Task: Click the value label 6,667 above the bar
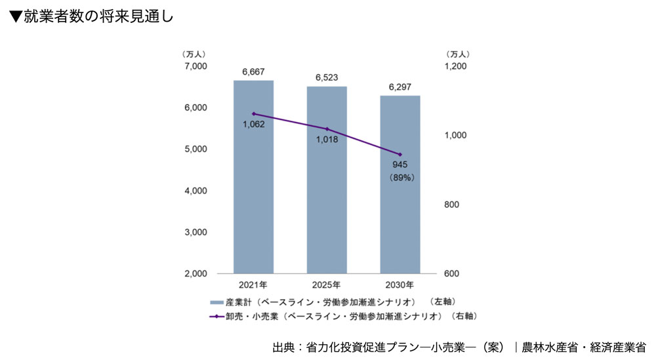[x=253, y=71]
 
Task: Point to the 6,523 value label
[x=327, y=77]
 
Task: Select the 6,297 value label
[x=400, y=87]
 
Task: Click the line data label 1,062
[x=253, y=124]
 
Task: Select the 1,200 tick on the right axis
[x=455, y=66]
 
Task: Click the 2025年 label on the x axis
[x=327, y=285]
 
